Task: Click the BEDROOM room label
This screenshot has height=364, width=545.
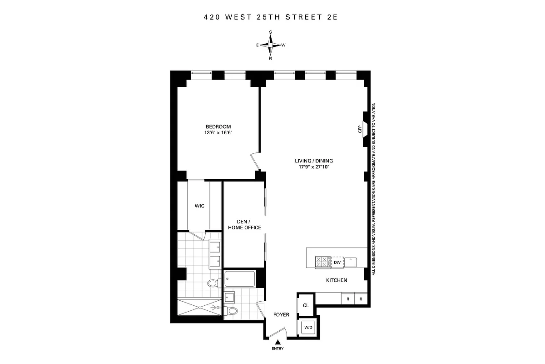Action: (x=218, y=126)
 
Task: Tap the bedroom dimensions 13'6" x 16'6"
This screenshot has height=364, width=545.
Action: (x=218, y=133)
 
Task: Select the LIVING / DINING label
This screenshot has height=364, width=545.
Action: (x=313, y=161)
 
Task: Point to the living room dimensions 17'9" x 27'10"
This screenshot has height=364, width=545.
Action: (x=313, y=167)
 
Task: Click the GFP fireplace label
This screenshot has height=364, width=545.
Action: (x=360, y=130)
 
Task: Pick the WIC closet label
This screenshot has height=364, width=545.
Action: (x=199, y=206)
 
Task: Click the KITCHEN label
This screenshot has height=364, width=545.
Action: (x=337, y=280)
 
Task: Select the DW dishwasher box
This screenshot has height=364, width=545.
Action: (x=337, y=263)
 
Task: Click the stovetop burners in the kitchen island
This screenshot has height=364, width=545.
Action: (x=323, y=262)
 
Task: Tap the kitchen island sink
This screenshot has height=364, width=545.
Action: (x=351, y=262)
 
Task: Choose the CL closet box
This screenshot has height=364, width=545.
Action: (x=306, y=305)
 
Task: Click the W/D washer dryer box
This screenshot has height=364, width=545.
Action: (x=308, y=327)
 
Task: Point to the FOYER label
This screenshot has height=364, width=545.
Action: (x=281, y=315)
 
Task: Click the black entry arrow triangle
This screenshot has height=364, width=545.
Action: (x=277, y=342)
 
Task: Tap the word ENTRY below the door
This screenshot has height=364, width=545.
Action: (x=277, y=349)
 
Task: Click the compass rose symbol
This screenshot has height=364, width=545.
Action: (x=271, y=45)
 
